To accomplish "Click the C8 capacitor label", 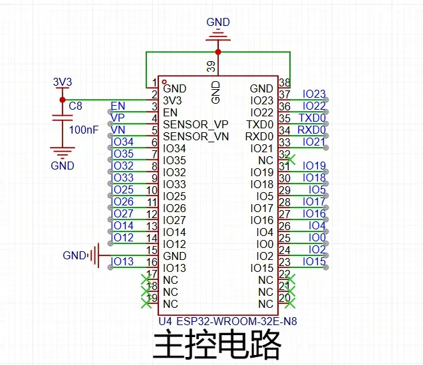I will (x=76, y=105).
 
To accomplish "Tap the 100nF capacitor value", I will (x=83, y=130).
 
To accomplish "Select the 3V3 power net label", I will (x=62, y=82).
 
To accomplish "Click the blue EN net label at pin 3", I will (x=118, y=106).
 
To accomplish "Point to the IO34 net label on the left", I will (x=123, y=142).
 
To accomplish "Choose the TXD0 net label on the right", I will (x=313, y=118).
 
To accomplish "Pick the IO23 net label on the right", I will (x=314, y=94).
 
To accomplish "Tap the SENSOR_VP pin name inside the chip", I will (x=196, y=124).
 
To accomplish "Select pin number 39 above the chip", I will (x=211, y=66).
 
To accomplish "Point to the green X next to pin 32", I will (x=290, y=160).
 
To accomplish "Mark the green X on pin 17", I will (x=146, y=279).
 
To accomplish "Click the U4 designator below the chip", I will (x=165, y=321).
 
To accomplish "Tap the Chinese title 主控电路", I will (x=218, y=345).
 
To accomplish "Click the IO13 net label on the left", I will (x=123, y=261).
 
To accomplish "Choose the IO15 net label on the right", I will (x=314, y=261).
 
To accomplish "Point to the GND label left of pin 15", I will (x=74, y=255).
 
